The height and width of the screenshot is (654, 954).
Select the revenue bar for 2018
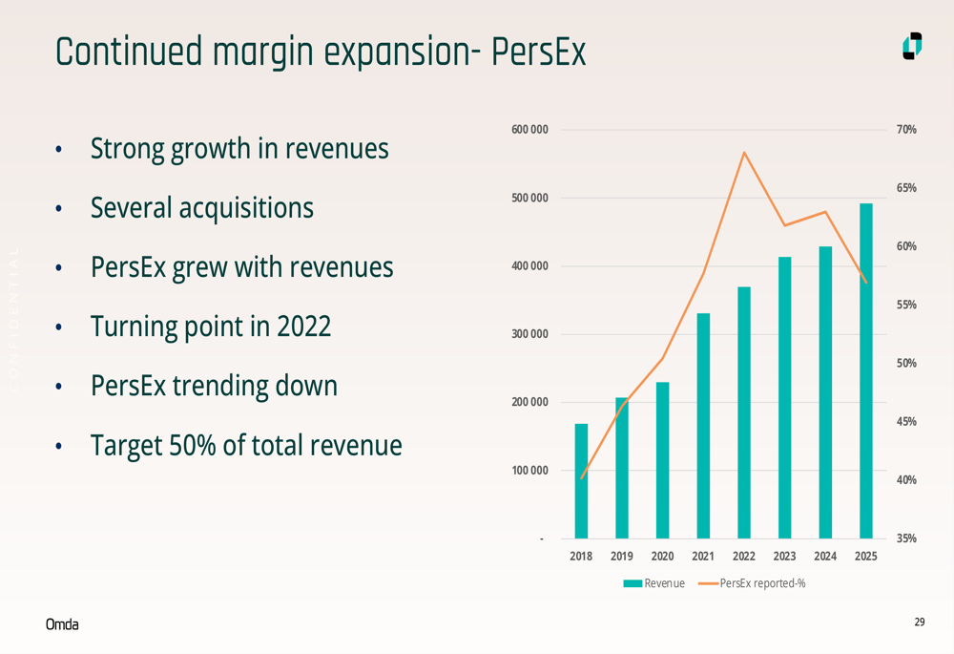[x=581, y=481]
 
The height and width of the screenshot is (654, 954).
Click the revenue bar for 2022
[x=744, y=412]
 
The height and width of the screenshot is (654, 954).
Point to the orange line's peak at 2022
[x=744, y=153]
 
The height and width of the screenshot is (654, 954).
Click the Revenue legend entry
[x=654, y=583]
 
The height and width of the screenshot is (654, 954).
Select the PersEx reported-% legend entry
[x=753, y=583]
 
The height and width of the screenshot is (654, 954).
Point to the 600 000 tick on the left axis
[x=530, y=130]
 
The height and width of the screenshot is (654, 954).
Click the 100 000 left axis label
[x=530, y=471]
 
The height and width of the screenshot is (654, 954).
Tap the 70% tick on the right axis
[x=906, y=130]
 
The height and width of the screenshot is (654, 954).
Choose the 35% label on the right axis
[x=906, y=538]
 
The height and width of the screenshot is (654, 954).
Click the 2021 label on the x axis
[x=703, y=557]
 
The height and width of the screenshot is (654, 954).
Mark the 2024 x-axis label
[x=825, y=557]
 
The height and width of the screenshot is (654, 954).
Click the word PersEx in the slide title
[x=538, y=53]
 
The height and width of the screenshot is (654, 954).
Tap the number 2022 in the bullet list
[x=303, y=327]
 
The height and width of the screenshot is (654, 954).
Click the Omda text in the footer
[x=62, y=624]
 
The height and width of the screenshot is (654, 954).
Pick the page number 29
[x=920, y=622]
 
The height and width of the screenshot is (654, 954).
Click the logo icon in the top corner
[x=912, y=47]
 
